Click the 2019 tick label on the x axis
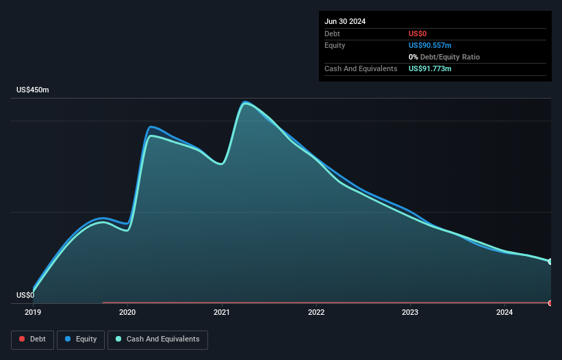click(33, 313)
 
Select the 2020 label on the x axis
click(127, 313)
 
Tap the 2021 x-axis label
click(222, 313)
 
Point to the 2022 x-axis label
click(316, 313)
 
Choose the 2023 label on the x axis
click(410, 313)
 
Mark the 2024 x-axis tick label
click(504, 313)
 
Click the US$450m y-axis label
click(33, 90)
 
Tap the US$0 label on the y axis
click(25, 296)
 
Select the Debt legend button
click(32, 339)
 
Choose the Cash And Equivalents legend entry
click(157, 339)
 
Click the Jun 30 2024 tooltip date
click(345, 21)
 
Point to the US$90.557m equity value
click(430, 45)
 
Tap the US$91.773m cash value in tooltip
click(430, 68)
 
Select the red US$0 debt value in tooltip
click(418, 34)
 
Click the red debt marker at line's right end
click(550, 303)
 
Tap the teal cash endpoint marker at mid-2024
click(550, 261)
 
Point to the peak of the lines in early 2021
click(245, 103)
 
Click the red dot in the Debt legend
click(22, 339)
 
